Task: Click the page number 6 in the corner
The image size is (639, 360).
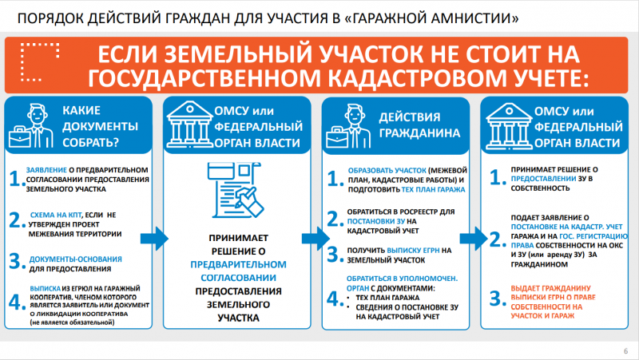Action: [x=625, y=351]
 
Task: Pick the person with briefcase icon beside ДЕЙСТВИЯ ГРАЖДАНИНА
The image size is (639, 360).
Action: [x=350, y=125]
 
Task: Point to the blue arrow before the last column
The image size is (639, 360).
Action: [x=472, y=238]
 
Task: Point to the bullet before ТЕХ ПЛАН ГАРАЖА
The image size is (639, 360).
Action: [x=351, y=295]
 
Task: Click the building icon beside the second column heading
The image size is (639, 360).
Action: [x=192, y=125]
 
